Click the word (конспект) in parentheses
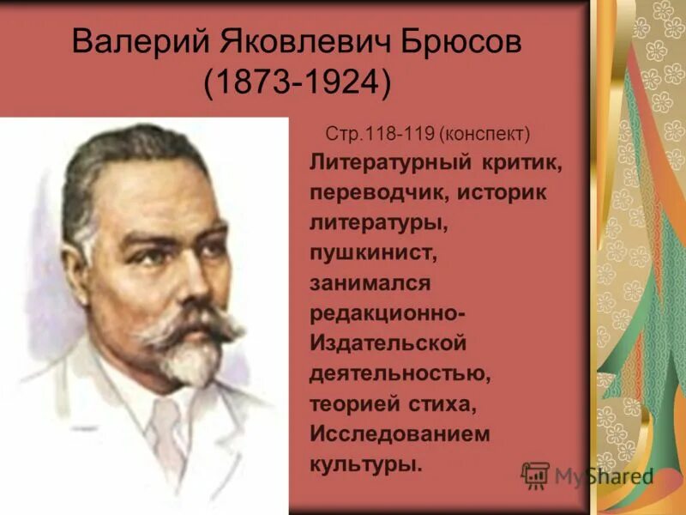(485, 135)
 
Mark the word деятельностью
(399, 373)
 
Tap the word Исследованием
(400, 433)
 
